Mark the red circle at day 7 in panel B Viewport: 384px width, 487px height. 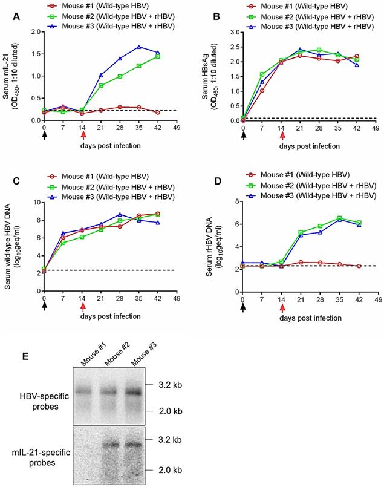click(x=262, y=91)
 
